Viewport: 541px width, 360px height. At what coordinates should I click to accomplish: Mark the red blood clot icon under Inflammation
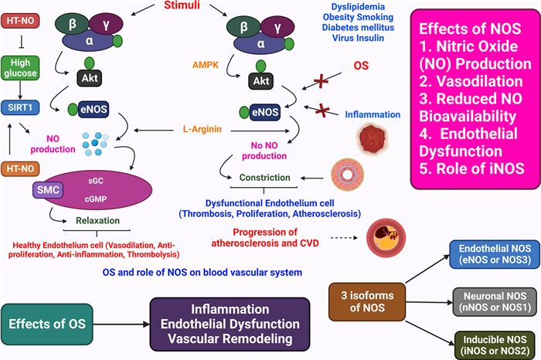[x=366, y=142]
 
